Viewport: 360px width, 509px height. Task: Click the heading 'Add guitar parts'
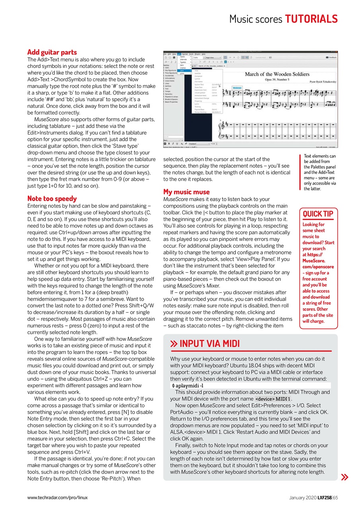click(x=52, y=52)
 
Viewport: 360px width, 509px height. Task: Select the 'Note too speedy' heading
click(x=52, y=198)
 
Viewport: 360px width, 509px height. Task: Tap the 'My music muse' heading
click(x=186, y=192)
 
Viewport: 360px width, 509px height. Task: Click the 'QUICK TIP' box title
click(x=318, y=214)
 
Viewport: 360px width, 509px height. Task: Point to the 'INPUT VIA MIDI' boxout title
click(x=209, y=344)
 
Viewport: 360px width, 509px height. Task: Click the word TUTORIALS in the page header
click(x=311, y=19)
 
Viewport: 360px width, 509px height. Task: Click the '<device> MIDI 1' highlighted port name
click(x=273, y=399)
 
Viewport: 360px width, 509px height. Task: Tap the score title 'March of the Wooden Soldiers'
click(x=277, y=74)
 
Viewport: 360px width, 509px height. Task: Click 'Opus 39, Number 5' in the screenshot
click(x=277, y=80)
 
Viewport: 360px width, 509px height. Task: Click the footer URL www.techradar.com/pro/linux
click(x=57, y=497)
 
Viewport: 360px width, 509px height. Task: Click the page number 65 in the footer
click(x=335, y=497)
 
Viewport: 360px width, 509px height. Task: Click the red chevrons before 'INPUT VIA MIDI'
click(x=173, y=344)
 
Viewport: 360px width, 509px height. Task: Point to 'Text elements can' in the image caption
click(x=319, y=156)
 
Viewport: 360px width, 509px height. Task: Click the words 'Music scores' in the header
click(x=256, y=19)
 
